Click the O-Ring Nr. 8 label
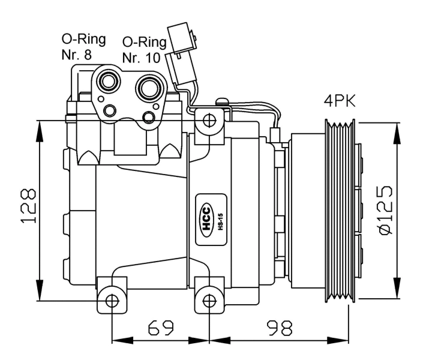tap(83, 48)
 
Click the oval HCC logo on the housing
tap(206, 221)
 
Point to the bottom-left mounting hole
tap(112, 301)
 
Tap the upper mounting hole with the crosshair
tap(208, 120)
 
